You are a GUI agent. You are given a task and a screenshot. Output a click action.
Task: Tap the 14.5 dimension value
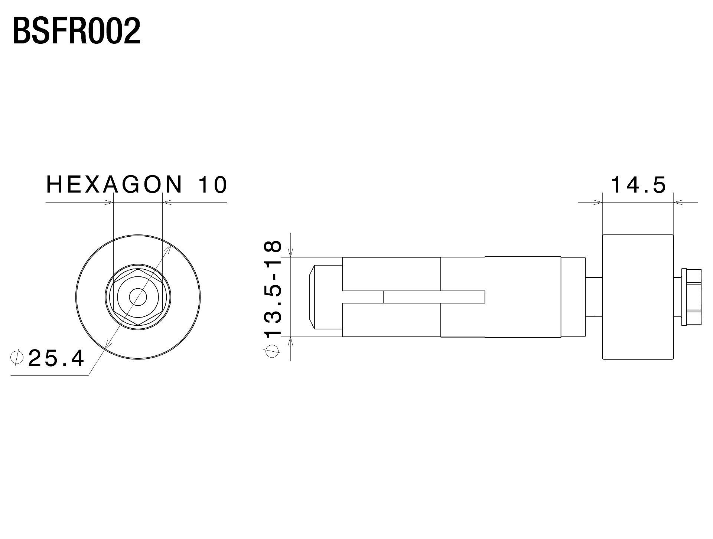[x=638, y=185]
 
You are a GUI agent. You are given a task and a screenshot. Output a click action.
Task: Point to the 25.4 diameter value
[x=56, y=358]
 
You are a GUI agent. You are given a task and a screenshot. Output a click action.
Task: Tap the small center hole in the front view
[x=138, y=297]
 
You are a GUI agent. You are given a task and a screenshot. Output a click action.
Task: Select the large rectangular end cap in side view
[x=637, y=297]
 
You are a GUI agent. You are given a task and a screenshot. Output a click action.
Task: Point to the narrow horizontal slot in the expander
[x=434, y=296]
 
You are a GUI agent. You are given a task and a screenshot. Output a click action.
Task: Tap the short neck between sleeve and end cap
[x=593, y=297]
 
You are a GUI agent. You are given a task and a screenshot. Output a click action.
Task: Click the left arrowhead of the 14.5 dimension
[x=598, y=203]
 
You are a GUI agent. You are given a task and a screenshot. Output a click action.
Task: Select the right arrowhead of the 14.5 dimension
[x=678, y=203]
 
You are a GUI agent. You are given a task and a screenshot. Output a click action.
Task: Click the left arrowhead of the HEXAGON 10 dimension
[x=109, y=203]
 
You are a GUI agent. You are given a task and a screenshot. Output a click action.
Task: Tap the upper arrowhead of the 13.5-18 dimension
[x=291, y=253]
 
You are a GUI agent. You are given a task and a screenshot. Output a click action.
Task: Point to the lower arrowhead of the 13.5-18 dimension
[x=291, y=341]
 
